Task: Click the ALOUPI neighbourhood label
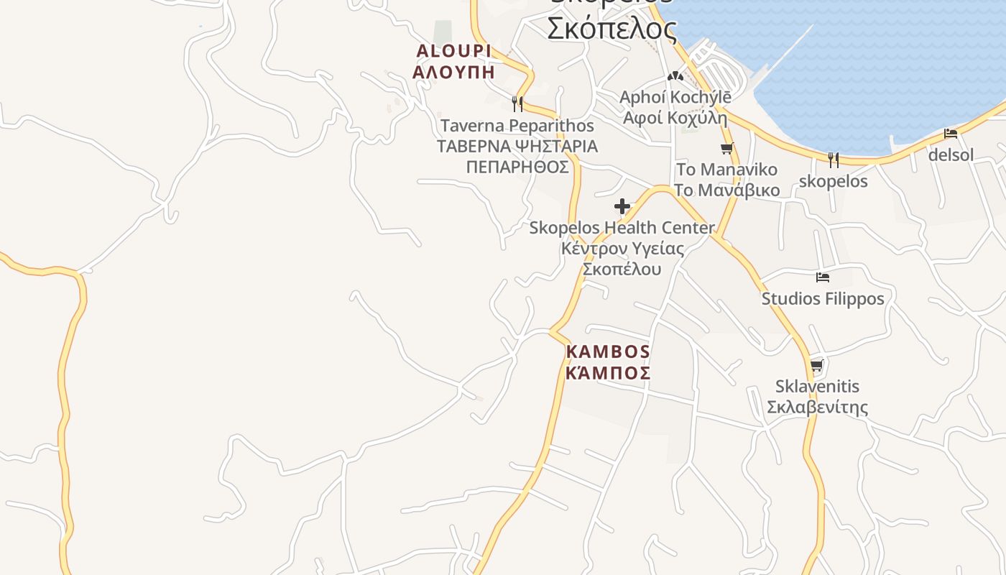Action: tap(453, 51)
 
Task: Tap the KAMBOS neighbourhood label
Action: tap(608, 352)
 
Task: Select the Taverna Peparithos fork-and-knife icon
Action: tap(517, 104)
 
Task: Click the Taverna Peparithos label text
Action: tap(517, 126)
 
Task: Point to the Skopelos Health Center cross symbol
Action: tap(622, 207)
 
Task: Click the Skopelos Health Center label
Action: tap(622, 228)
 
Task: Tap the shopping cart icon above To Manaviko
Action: tap(727, 149)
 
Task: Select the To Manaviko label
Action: tap(726, 170)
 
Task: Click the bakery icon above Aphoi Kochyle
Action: tap(675, 75)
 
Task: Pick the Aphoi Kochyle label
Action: tap(675, 97)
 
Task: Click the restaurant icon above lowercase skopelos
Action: tap(834, 160)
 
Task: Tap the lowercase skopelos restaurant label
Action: tap(834, 181)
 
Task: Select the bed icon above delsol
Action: tap(951, 134)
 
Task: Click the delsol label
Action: tap(951, 155)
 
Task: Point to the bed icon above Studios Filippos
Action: tap(823, 277)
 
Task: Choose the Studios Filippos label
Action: tap(823, 298)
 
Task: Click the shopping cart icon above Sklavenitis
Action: tap(817, 366)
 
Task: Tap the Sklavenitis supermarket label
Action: tap(817, 387)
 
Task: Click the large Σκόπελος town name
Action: tap(612, 29)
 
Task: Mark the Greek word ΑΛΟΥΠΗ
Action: tap(453, 71)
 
